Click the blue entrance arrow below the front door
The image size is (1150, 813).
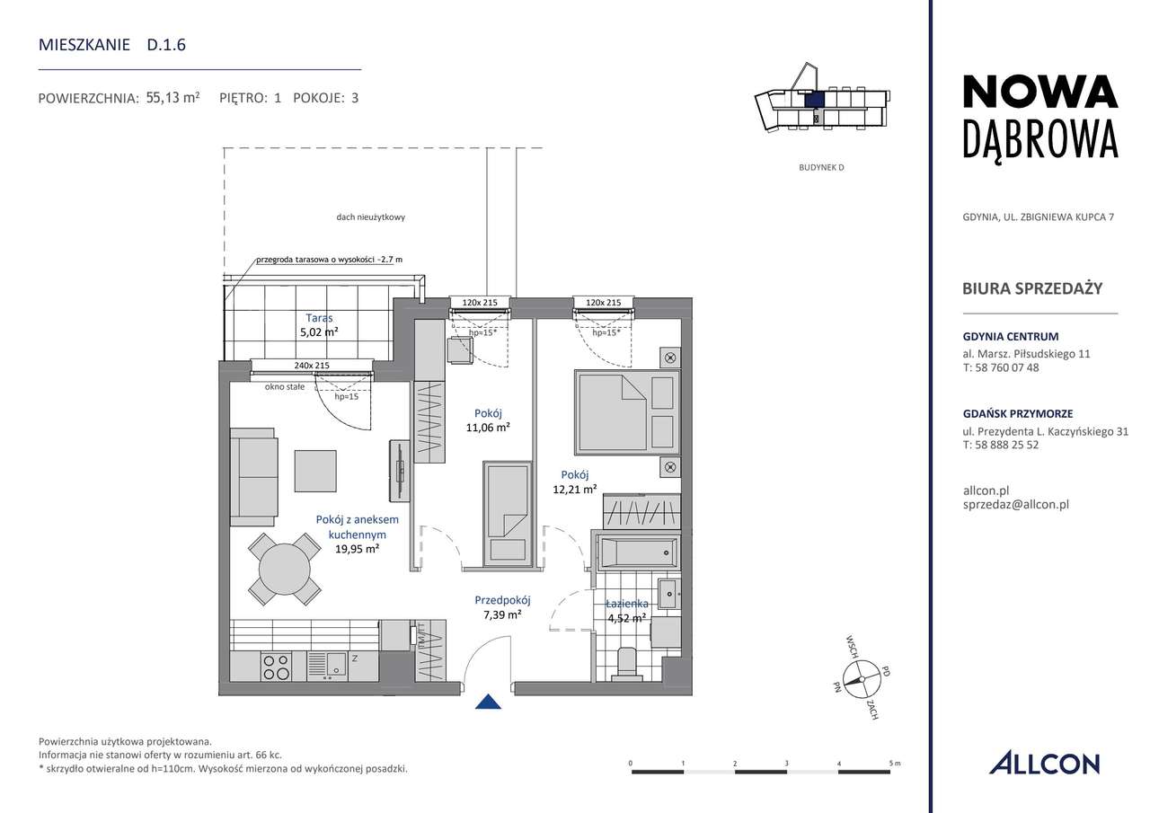coord(488,702)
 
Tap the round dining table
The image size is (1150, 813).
coord(285,570)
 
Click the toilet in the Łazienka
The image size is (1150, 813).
coord(626,664)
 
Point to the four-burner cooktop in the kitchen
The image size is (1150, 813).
coord(277,667)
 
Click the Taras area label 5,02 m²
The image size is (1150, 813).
coord(319,332)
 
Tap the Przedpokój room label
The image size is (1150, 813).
coord(502,600)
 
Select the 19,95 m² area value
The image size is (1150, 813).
coord(357,549)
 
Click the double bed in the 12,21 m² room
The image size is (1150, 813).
coord(627,411)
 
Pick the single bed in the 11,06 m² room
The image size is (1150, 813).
coord(506,513)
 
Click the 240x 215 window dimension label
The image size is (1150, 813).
coord(312,366)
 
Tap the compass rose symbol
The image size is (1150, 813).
coord(862,679)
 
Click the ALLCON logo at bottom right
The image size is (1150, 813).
coord(1044,764)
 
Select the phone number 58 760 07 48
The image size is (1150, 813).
coord(1007,367)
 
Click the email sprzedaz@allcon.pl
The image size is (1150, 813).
coord(1015,505)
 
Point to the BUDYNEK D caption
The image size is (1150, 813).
coord(821,167)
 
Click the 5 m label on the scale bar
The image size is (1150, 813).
coord(895,764)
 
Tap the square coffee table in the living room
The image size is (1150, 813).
coord(315,471)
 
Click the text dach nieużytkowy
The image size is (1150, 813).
coord(371,217)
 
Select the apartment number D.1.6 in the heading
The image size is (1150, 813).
coord(166,45)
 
